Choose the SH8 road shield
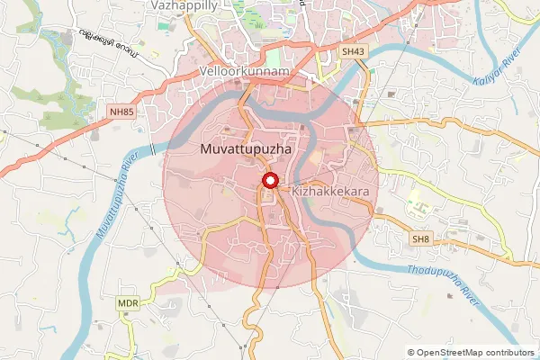click(x=420, y=238)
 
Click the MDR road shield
click(x=128, y=304)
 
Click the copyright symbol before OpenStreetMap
click(x=411, y=353)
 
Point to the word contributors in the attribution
click(x=506, y=353)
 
